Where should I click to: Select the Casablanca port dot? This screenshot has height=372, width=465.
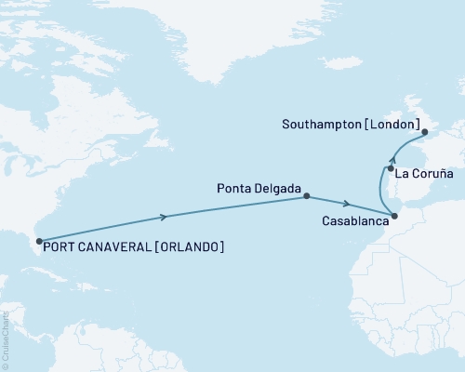(394, 217)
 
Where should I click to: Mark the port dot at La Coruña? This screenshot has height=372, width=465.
(391, 169)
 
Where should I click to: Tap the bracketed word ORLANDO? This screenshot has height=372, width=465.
(189, 247)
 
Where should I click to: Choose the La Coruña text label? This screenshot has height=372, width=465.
(424, 174)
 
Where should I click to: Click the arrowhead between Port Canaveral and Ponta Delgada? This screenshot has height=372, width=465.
(166, 218)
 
